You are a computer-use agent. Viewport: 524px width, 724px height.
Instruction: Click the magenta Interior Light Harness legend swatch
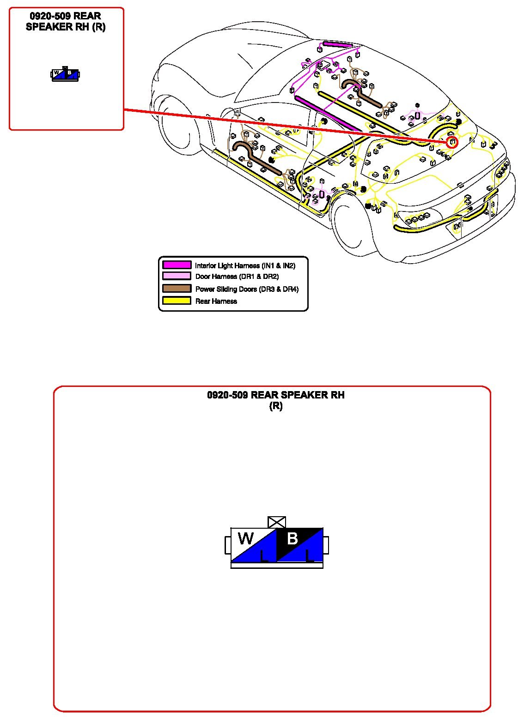177,265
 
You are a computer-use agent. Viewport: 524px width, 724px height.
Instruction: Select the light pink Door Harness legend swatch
177,276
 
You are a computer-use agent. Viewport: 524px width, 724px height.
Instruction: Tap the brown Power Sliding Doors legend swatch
177,289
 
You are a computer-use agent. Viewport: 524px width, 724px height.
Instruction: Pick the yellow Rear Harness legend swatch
177,301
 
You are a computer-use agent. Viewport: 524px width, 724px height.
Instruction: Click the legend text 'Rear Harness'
216,301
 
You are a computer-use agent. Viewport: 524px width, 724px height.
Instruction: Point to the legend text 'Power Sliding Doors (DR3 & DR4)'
247,289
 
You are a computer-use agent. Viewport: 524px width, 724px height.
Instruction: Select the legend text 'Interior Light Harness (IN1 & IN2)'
245,265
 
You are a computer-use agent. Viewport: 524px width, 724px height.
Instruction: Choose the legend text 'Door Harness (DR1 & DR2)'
237,277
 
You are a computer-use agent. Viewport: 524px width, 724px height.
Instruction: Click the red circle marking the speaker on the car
452,142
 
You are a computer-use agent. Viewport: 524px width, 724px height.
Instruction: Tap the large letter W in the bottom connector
245,538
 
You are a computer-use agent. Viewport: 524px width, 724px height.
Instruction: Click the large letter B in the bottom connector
292,538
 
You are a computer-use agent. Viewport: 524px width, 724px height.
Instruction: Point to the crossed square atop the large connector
277,522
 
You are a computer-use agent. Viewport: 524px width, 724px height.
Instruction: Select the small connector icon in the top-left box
66,74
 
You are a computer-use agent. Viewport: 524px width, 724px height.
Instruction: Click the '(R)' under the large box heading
276,406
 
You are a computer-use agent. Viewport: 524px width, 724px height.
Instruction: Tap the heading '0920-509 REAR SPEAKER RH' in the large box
276,395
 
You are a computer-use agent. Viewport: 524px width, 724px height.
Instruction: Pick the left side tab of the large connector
228,545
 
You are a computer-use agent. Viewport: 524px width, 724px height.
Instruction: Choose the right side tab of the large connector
326,545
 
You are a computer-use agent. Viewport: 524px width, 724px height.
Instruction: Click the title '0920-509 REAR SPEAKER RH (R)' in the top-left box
66,22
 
